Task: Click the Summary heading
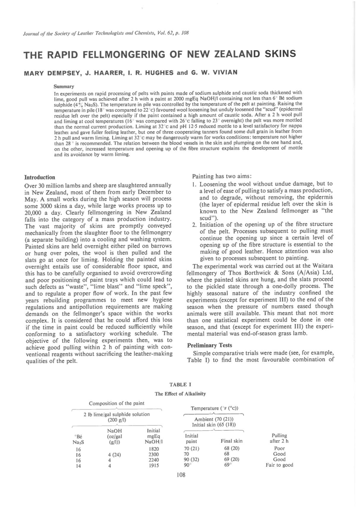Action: [64, 87]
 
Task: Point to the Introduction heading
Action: [40, 177]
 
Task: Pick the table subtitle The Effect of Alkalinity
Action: [180, 394]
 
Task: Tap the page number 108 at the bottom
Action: [181, 475]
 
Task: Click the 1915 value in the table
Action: [154, 466]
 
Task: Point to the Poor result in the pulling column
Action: [279, 448]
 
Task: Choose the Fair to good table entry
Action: [279, 465]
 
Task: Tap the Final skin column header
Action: [231, 441]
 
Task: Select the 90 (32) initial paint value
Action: [192, 460]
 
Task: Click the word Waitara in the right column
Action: [321, 266]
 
